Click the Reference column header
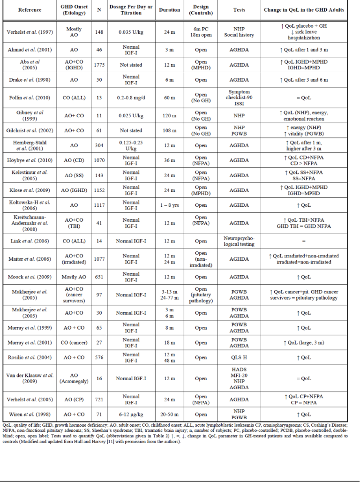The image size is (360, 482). [30, 9]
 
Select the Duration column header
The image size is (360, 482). [167, 9]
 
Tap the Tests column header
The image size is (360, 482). [239, 9]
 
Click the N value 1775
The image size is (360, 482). [99, 65]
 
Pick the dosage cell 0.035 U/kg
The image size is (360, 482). [131, 32]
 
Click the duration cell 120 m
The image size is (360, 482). [167, 115]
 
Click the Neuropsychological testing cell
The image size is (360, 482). [239, 241]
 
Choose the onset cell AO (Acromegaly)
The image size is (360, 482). [74, 378]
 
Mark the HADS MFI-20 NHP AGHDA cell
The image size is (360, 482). [239, 378]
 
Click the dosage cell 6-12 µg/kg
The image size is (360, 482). [131, 414]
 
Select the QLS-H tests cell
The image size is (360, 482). [239, 357]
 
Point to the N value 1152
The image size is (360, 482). [99, 190]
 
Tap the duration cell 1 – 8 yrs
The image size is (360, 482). [167, 205]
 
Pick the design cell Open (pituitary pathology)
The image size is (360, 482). [201, 294]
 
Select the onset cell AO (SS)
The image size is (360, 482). [74, 175]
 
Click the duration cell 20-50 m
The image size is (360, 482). [167, 414]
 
